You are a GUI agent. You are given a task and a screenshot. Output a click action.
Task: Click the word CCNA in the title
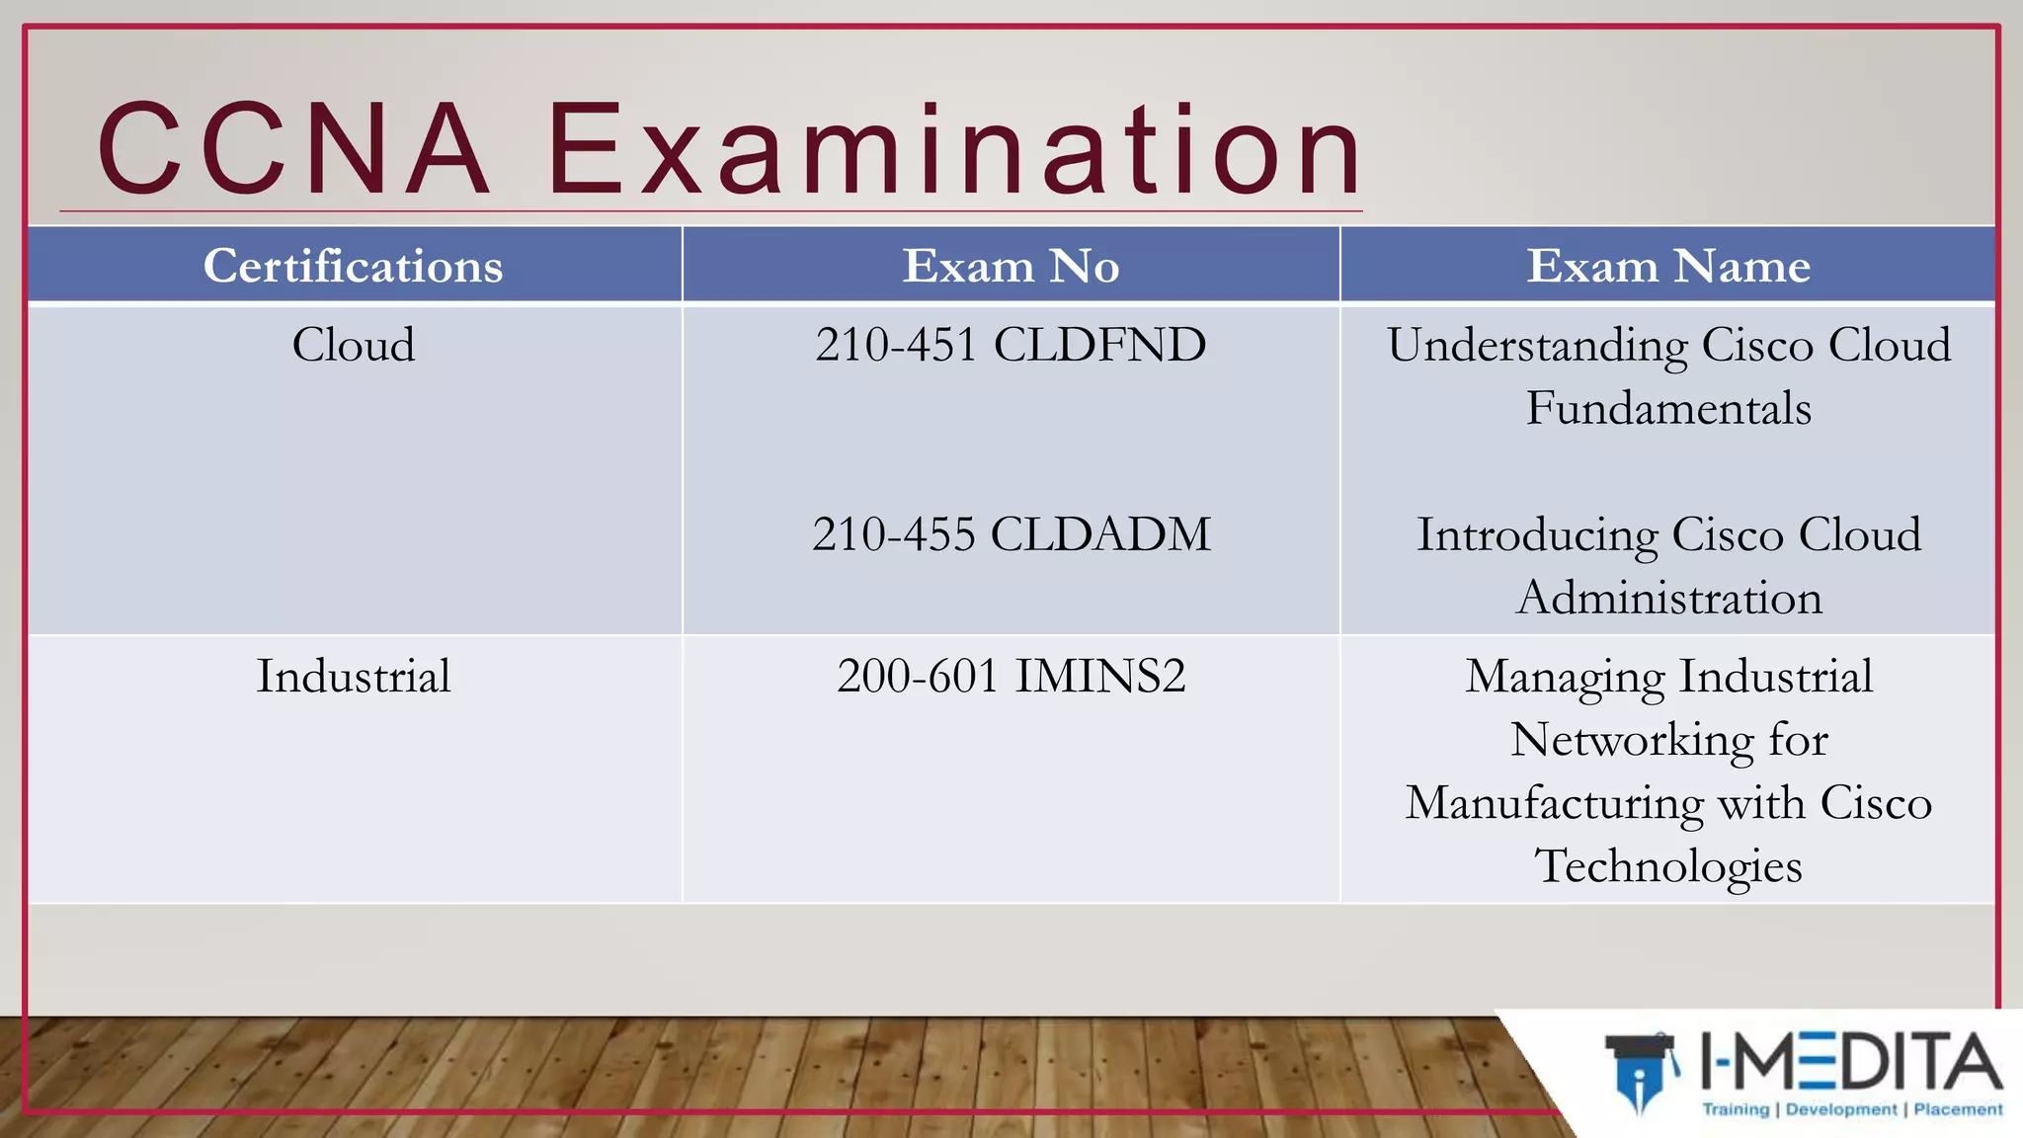point(294,150)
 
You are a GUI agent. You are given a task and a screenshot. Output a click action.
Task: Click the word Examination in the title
point(954,150)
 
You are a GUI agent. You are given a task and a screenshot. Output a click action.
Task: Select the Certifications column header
point(353,266)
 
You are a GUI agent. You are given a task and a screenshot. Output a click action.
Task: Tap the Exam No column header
point(1011,266)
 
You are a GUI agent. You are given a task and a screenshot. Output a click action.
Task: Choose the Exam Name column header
point(1668,266)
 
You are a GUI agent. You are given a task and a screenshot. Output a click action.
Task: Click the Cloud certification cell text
point(353,345)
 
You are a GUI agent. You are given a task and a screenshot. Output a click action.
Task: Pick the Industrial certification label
point(353,677)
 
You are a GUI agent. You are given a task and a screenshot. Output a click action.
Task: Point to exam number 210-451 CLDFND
point(1011,345)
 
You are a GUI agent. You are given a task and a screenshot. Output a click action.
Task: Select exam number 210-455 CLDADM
point(1011,534)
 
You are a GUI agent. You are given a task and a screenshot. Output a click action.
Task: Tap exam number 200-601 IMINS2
point(1011,677)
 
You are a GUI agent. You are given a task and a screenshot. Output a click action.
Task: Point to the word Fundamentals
point(1668,409)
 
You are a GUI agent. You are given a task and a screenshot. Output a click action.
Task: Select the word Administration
point(1668,599)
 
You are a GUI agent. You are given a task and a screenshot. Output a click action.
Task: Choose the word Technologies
point(1668,867)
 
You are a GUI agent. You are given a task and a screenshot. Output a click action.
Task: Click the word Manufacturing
point(1555,804)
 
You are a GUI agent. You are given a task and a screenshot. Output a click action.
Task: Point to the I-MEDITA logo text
point(1851,1061)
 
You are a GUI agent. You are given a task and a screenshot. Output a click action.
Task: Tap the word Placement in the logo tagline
point(1958,1109)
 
